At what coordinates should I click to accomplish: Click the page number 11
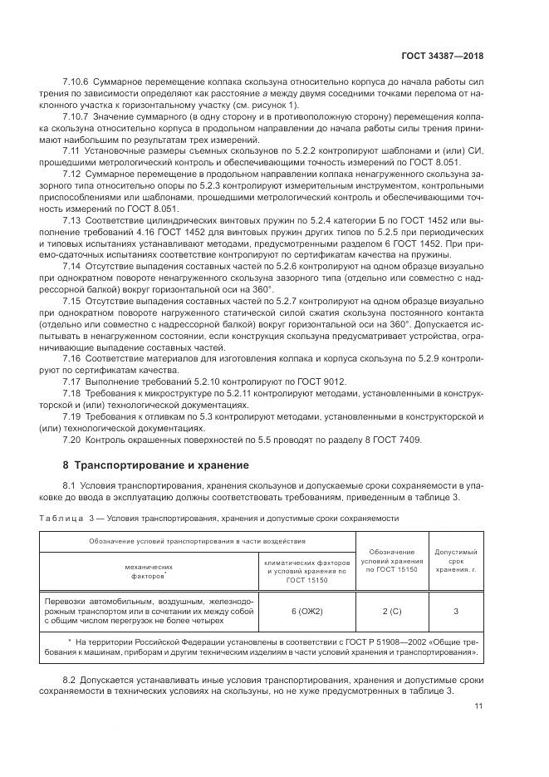pyautogui.click(x=478, y=706)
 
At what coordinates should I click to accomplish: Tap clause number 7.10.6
pyautogui.click(x=77, y=83)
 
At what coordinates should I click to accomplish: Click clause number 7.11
pyautogui.click(x=72, y=149)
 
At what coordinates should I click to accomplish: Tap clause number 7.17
pyautogui.click(x=72, y=379)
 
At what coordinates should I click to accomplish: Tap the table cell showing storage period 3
pyautogui.click(x=455, y=611)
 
